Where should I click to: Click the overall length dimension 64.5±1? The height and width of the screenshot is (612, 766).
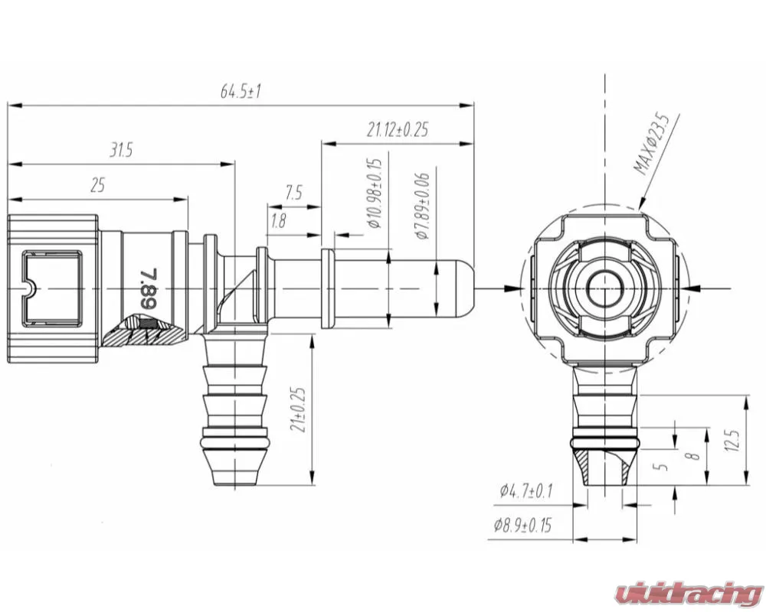241,92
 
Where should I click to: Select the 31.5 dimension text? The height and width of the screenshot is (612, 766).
120,150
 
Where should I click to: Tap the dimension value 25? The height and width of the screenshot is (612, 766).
98,185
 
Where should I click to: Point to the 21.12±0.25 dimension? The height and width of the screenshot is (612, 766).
397,130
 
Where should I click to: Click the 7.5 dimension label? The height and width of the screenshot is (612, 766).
293,193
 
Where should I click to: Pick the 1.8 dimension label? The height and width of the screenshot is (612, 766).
278,222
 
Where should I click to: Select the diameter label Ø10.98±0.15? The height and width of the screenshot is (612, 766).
375,194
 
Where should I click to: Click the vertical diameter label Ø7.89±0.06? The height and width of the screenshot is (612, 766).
422,206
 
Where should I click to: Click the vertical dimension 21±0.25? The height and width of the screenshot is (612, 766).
298,409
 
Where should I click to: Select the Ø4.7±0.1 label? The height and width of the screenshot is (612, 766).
525,491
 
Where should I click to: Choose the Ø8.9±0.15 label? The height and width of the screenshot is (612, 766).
522,525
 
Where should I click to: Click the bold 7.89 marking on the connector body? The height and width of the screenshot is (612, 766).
148,288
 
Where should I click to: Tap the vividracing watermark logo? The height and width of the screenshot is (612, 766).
689,594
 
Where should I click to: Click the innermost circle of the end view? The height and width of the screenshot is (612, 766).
605,288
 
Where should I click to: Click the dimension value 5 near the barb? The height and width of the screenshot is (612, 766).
663,465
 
